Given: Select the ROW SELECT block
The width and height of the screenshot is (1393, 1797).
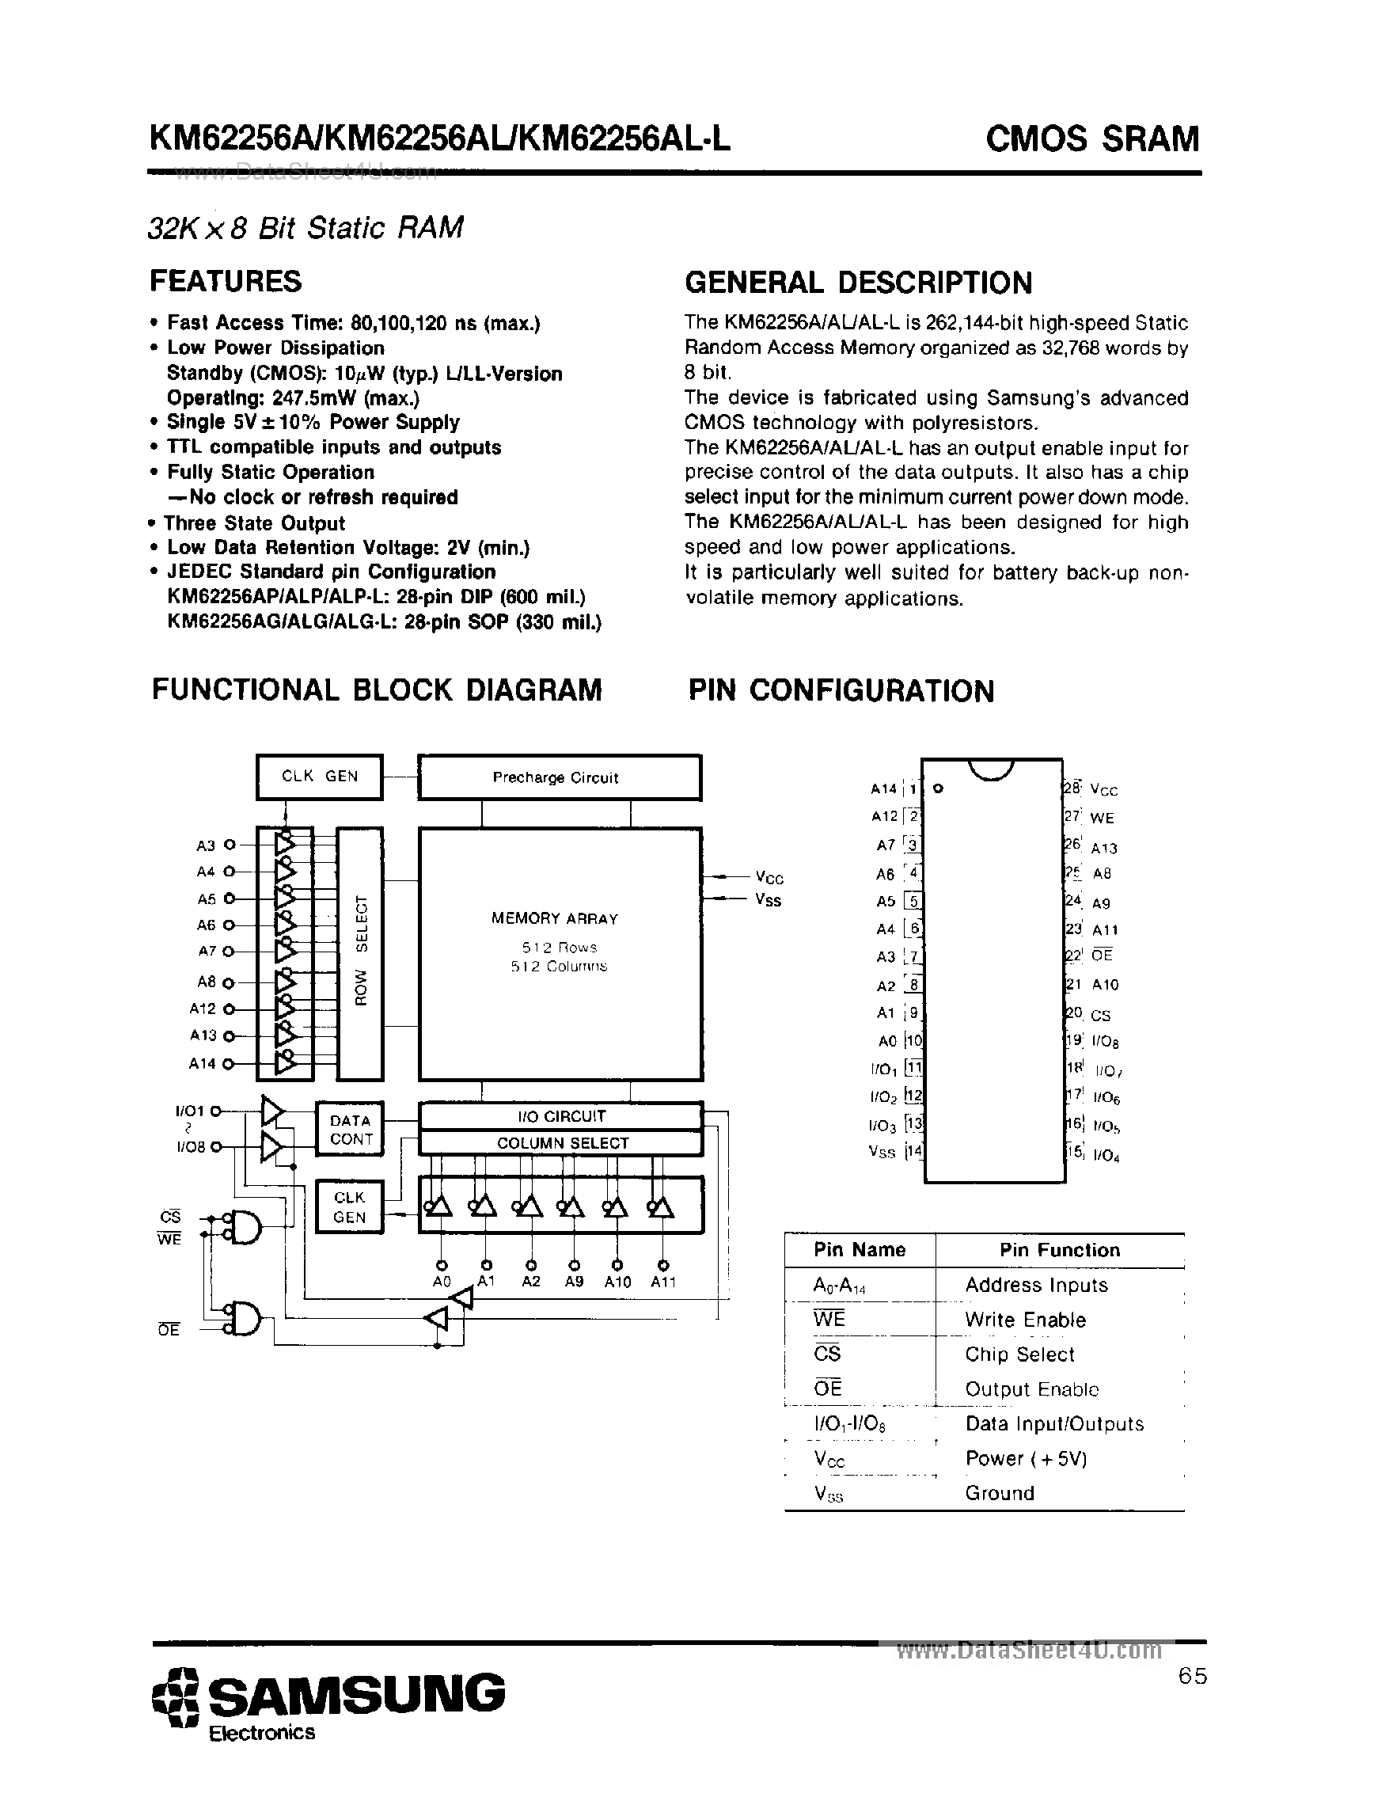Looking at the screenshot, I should pos(360,953).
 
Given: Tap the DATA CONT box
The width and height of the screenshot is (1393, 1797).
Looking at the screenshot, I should pos(351,1130).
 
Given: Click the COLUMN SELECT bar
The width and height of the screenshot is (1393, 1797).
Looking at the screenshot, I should pos(561,1143).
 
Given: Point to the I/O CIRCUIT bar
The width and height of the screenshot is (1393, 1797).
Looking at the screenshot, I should pos(561,1116).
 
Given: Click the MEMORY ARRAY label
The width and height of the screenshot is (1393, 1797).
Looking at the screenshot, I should pos(554,918).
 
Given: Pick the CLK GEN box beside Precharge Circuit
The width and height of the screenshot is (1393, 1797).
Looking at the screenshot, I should pos(319,777).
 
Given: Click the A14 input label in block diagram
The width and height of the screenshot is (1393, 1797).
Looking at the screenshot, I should pos(202,1063).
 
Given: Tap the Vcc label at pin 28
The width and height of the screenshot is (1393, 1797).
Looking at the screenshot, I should pos(1103,790).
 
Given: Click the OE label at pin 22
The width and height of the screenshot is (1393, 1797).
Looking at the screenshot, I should pos(1102,955).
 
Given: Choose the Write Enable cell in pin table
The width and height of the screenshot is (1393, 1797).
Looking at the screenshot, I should pos(1025,1320).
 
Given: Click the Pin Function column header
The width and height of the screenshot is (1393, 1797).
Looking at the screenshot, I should pos(1060,1251).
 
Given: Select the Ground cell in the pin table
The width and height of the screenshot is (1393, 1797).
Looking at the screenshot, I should pos(999,1492).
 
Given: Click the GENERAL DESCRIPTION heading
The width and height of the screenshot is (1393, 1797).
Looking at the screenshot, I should pos(858,283).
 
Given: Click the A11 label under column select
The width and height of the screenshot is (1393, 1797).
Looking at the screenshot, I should pos(663,1282).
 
